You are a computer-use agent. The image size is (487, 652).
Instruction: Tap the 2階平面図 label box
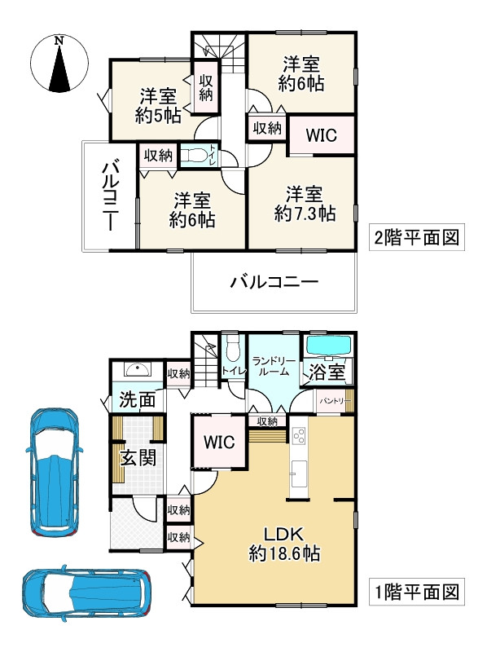(x=417, y=238)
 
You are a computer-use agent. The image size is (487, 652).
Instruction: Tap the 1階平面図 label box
(x=417, y=589)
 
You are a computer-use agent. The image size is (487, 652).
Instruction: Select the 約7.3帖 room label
(x=305, y=204)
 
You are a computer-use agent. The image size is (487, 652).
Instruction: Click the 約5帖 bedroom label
(x=157, y=105)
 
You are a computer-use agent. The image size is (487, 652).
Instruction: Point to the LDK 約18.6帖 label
(x=283, y=544)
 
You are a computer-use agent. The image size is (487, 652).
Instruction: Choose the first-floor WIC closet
(x=219, y=443)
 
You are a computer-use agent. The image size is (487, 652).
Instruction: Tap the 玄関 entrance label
(x=134, y=456)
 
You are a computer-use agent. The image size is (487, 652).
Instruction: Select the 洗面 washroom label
(x=135, y=401)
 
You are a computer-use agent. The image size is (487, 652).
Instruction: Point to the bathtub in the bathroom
(x=327, y=346)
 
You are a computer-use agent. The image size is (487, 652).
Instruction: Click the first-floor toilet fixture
(x=231, y=351)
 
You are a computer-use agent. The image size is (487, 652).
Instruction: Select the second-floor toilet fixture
(x=195, y=156)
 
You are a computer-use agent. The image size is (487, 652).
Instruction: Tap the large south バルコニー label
(x=273, y=283)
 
